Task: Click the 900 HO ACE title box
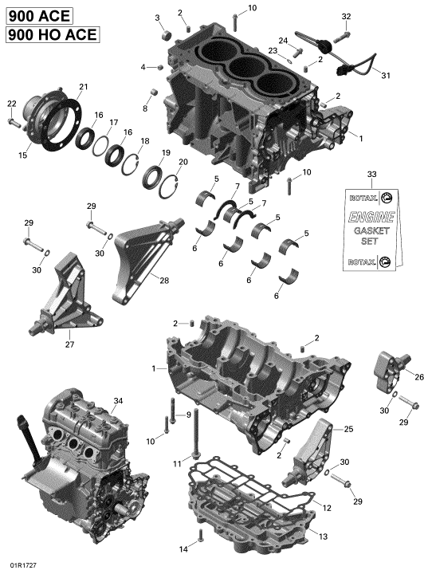coord(53,34)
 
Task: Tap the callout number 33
coord(371,174)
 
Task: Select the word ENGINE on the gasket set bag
coord(371,217)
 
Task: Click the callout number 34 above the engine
coord(118,401)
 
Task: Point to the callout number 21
coord(84,87)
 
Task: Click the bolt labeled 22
coord(14,123)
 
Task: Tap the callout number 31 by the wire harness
coord(385,76)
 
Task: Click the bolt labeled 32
coord(342,36)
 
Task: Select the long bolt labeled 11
coord(195,434)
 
